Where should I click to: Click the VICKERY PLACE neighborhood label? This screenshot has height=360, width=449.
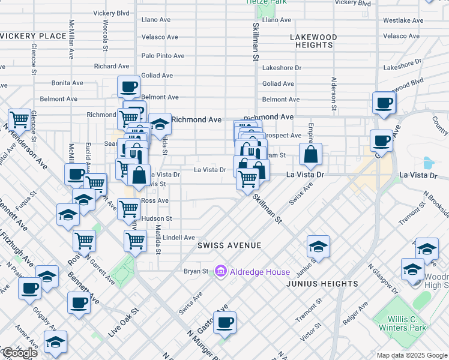pyautogui.click(x=33, y=36)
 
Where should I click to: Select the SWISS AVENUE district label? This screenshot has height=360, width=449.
pyautogui.click(x=230, y=245)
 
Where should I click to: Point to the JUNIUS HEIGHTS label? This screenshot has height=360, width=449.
pyautogui.click(x=322, y=283)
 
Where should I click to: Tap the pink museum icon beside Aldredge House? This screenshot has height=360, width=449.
pyautogui.click(x=220, y=272)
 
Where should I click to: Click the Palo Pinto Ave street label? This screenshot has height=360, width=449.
pyautogui.click(x=163, y=56)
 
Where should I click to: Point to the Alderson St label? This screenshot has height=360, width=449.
pyautogui.click(x=333, y=95)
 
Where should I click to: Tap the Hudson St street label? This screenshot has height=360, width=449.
pyautogui.click(x=157, y=218)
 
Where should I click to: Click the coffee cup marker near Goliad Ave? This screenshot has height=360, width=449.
pyautogui.click(x=128, y=88)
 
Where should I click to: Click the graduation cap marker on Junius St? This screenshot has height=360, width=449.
pyautogui.click(x=318, y=246)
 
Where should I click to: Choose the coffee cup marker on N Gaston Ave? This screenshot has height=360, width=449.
pyautogui.click(x=224, y=323)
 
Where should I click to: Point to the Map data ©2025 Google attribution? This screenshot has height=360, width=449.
pyautogui.click(x=411, y=355)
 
